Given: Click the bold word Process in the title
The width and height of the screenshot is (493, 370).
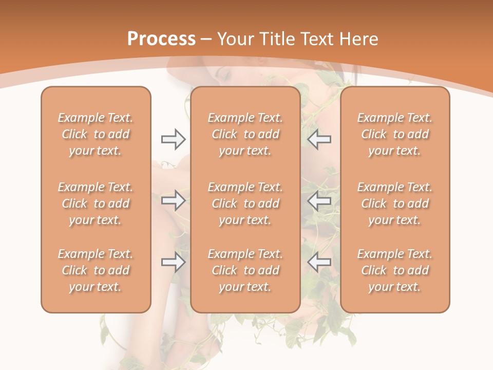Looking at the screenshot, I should [x=161, y=39].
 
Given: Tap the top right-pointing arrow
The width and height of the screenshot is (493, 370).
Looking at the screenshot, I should [x=173, y=139].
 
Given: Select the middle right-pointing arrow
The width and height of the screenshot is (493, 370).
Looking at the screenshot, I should [x=173, y=200].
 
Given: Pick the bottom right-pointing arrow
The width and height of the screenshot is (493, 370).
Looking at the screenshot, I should [x=173, y=263].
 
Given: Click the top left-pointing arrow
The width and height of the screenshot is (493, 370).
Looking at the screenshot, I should [x=319, y=139].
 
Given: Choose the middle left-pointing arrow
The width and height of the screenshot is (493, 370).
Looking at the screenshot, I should [x=319, y=200].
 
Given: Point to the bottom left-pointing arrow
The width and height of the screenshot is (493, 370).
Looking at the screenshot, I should [x=319, y=263].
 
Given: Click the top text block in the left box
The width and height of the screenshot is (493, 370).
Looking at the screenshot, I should [x=96, y=134].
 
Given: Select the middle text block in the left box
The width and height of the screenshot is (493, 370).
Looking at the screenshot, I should [x=96, y=203].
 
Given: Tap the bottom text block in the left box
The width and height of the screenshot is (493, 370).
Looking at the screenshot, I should [x=96, y=270].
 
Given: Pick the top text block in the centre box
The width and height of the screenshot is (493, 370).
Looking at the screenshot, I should [x=245, y=134].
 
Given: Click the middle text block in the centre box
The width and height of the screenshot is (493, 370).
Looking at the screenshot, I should [x=245, y=203].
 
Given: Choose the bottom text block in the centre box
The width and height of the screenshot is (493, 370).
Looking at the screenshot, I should [x=245, y=270].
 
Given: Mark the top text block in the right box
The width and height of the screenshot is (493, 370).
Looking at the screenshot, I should [x=395, y=134].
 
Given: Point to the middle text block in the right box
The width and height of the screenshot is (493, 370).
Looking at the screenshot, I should [x=395, y=203].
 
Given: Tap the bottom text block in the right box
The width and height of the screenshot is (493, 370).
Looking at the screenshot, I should [x=395, y=270].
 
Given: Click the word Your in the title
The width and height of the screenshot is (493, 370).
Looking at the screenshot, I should [x=234, y=39].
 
